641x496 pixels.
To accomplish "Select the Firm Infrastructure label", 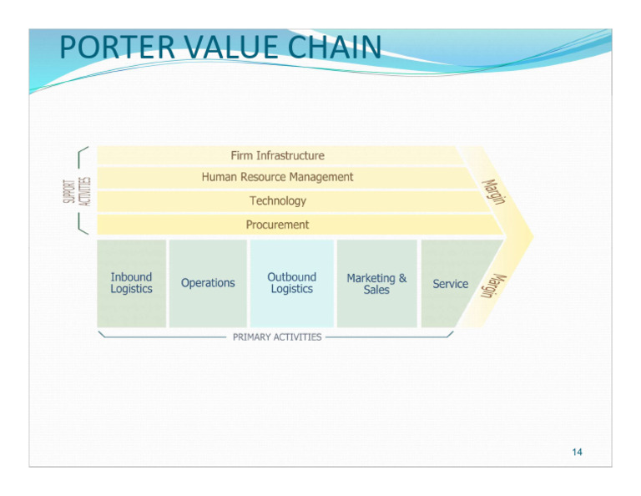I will (277, 155).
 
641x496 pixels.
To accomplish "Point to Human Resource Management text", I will (277, 177).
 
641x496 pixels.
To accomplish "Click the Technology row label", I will (277, 201).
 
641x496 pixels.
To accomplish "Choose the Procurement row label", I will (277, 225).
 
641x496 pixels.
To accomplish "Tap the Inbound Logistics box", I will (132, 283).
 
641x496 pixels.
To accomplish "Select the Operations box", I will (208, 283).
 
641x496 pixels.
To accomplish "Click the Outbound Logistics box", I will (291, 283).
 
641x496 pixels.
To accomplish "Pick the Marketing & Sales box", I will (376, 283).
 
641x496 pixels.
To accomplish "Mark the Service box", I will (451, 284).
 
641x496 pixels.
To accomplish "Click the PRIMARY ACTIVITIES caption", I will (276, 337).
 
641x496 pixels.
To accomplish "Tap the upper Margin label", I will (493, 190).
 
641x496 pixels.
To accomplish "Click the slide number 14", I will (578, 453).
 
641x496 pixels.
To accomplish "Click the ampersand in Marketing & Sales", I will (402, 278).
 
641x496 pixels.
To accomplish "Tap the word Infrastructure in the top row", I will (290, 155).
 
